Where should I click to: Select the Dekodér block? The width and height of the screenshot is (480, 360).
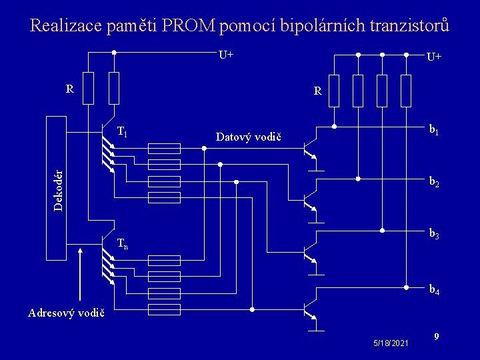(x=59, y=188)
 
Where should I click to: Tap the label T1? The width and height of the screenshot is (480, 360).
(x=123, y=132)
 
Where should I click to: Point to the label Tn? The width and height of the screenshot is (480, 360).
(x=123, y=244)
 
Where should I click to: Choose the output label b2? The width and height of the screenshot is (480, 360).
(x=434, y=181)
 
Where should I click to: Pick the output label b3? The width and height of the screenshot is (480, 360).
(x=434, y=234)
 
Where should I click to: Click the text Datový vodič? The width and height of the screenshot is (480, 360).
(x=249, y=137)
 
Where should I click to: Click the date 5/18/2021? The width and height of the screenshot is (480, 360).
(x=391, y=342)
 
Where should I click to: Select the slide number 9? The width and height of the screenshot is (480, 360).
(x=435, y=337)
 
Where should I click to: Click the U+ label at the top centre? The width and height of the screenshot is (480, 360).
(x=226, y=54)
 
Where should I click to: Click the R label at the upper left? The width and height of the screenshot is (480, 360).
(x=69, y=88)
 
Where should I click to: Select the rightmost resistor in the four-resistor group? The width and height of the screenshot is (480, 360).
(x=405, y=91)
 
